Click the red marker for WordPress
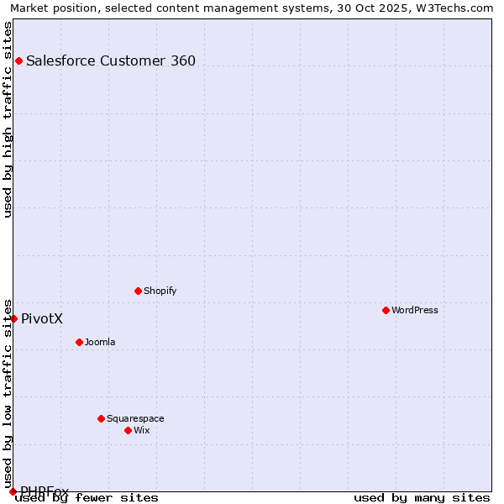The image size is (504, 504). point(386,310)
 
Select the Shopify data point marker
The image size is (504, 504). point(138,291)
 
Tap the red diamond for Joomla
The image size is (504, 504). point(79,342)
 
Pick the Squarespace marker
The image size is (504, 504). point(101,418)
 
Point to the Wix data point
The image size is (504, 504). point(128,430)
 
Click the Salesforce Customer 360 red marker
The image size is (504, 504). point(18,60)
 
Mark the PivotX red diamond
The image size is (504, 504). point(13,318)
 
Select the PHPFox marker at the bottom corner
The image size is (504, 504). point(13,491)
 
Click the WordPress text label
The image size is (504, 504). point(415,310)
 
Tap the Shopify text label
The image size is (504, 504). point(160,291)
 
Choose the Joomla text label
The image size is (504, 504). point(100,342)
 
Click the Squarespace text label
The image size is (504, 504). point(135,418)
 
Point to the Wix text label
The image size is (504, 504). point(142,430)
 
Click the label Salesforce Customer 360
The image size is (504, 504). point(111,60)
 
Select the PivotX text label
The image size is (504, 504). point(42,318)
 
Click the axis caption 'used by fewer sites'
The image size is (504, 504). point(87,497)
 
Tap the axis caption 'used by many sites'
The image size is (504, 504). point(422,497)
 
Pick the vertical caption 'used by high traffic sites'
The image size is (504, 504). point(8,119)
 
